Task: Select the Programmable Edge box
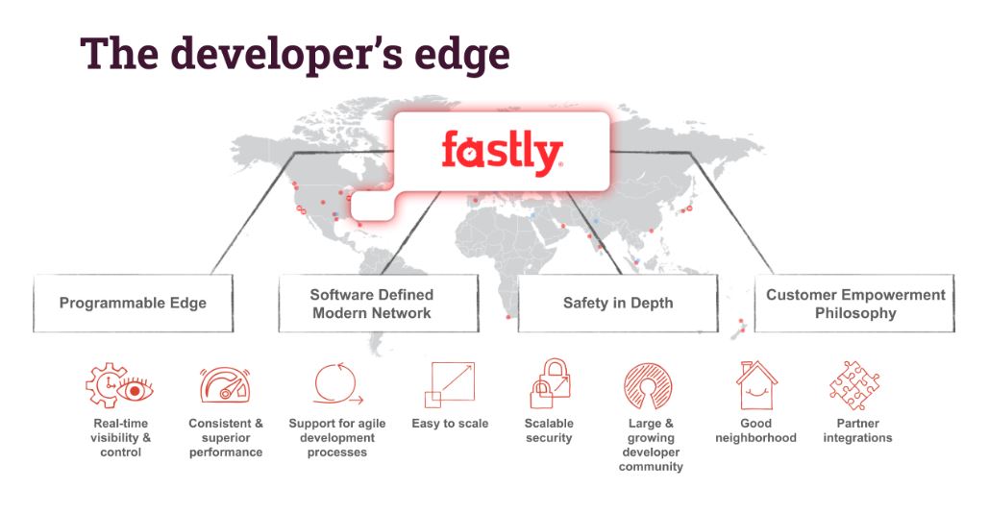coord(133,304)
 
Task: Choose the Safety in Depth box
coord(617,304)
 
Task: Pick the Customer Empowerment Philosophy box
coord(854,304)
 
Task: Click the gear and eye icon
coord(119,385)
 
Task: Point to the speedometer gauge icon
coord(225,385)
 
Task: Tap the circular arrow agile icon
coord(337,385)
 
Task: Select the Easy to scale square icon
coord(449,385)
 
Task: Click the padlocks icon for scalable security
coord(549,383)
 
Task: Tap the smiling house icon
coord(756,385)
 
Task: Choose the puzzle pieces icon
coord(854,385)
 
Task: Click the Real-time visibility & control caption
coord(121,437)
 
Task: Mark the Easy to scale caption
coord(450,424)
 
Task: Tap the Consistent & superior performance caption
coord(226,437)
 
